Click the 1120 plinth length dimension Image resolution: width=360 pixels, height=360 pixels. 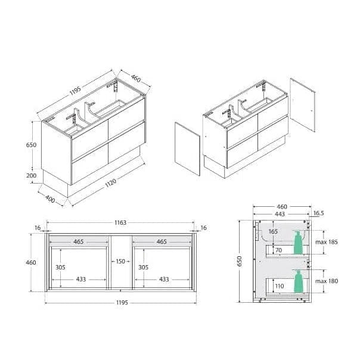pyautogui.click(x=111, y=183)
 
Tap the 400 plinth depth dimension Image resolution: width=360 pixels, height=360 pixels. pyautogui.click(x=50, y=199)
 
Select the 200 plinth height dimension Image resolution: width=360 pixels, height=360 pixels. pyautogui.click(x=31, y=176)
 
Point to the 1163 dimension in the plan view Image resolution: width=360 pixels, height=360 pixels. pyautogui.click(x=120, y=222)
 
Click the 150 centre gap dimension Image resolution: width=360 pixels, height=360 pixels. pyautogui.click(x=120, y=261)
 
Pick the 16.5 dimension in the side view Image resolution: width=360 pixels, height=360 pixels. pyautogui.click(x=319, y=213)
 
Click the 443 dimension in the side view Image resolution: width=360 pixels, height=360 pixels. pyautogui.click(x=280, y=214)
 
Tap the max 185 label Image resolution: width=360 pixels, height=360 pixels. pyautogui.click(x=327, y=242)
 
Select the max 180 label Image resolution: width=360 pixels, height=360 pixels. pyautogui.click(x=327, y=281)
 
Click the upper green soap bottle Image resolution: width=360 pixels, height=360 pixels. pyautogui.click(x=298, y=243)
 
